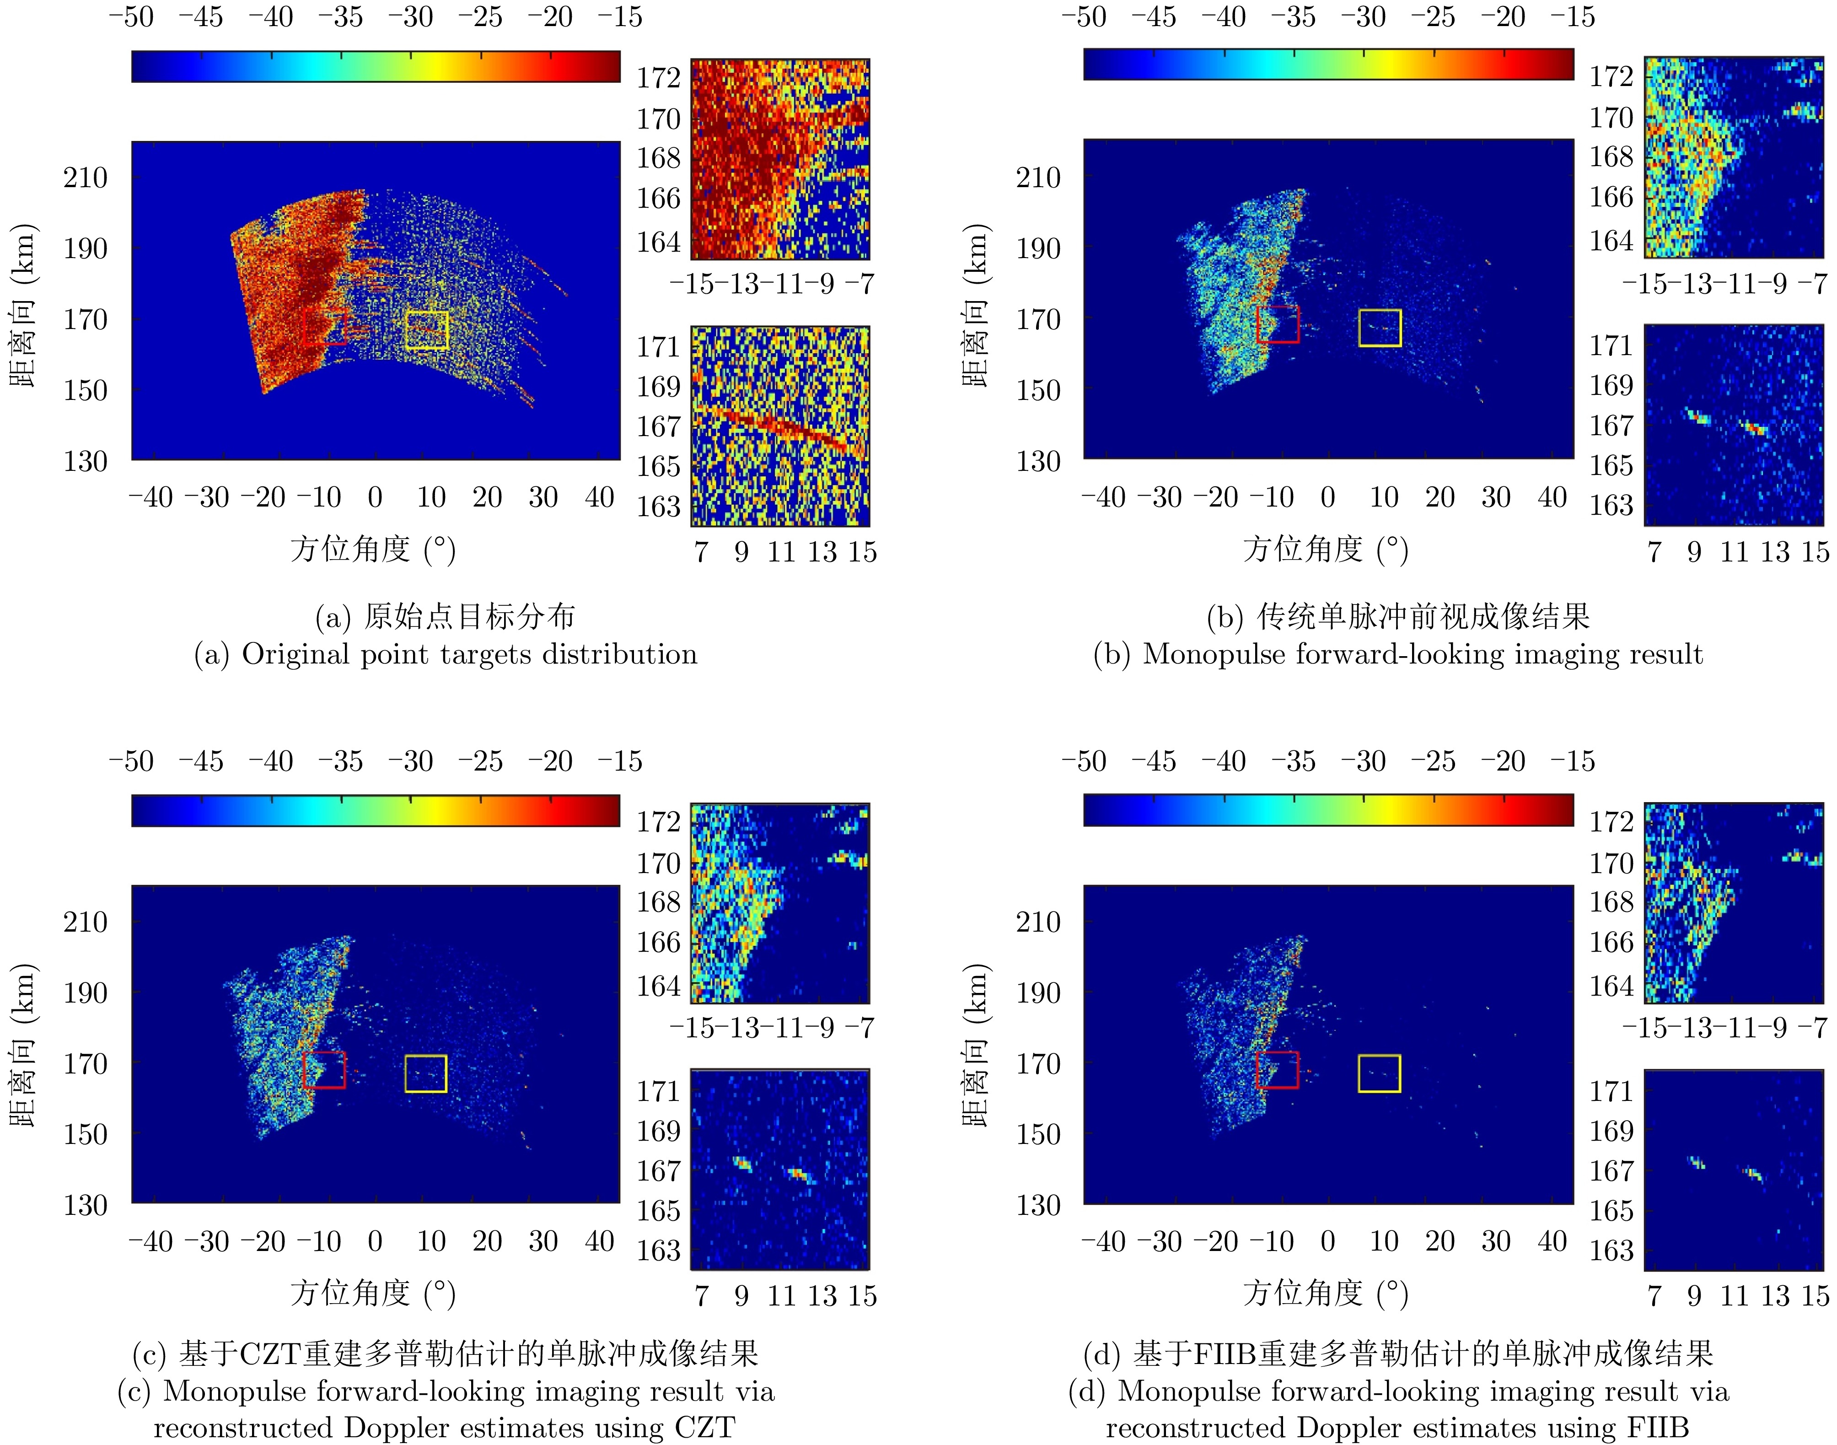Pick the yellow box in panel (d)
pos(1380,1073)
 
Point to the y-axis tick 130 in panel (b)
pos(1039,461)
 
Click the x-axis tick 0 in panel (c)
pos(375,1241)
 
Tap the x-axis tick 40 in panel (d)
pos(1552,1241)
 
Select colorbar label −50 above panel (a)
pos(132,17)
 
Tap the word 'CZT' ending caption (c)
pos(704,1427)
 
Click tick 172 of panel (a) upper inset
pos(659,78)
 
